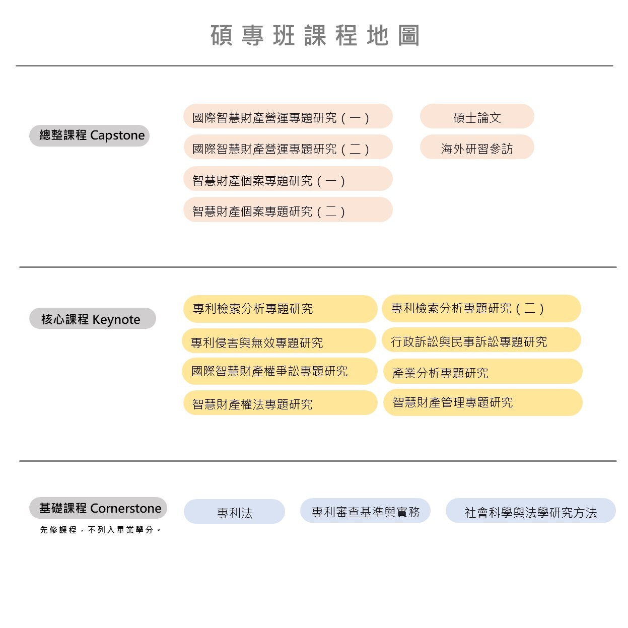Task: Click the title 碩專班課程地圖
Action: [314, 35]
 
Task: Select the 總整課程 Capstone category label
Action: [89, 135]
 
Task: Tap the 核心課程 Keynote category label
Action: [93, 318]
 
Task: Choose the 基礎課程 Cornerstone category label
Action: [98, 508]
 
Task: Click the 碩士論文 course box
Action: [477, 116]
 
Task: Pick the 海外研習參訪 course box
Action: [477, 147]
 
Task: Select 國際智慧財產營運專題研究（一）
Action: [288, 116]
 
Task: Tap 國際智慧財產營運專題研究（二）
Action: [288, 147]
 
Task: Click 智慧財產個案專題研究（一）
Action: [288, 179]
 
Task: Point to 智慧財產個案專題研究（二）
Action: [288, 210]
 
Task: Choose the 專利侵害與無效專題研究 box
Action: [279, 340]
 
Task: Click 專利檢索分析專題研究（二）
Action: [481, 308]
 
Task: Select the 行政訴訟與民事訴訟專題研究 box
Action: [481, 339]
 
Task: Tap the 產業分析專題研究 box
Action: [482, 371]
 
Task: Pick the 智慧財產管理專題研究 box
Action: [482, 402]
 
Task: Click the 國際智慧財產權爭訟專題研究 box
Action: [280, 371]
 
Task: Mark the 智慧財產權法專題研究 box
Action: [281, 402]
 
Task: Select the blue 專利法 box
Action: [234, 511]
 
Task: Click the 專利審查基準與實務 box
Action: [365, 510]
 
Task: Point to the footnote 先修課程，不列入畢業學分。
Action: [100, 530]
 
